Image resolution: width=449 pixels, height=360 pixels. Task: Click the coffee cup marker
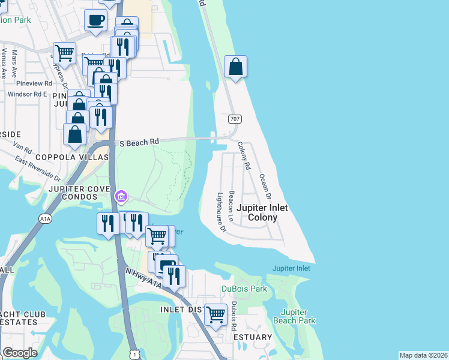click(96, 21)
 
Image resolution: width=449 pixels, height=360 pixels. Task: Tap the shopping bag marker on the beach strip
click(236, 67)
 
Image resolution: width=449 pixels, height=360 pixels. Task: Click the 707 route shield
click(234, 119)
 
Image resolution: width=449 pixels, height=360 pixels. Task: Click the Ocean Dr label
click(265, 187)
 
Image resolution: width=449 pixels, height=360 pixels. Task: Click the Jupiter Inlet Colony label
click(262, 212)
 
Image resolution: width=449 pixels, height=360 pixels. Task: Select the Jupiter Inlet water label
click(291, 268)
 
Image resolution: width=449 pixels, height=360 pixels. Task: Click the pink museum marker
click(121, 196)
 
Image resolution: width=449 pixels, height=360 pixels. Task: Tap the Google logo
click(20, 353)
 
